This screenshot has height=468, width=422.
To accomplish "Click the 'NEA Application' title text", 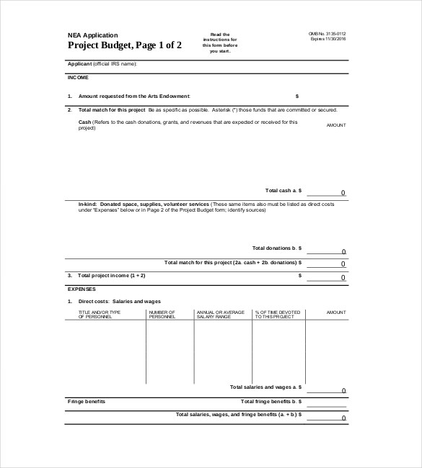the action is [92, 35].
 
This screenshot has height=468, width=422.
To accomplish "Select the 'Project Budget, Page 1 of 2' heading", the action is [124, 45].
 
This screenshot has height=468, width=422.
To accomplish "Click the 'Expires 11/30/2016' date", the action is [328, 39].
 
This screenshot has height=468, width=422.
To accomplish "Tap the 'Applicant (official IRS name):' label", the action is [102, 63].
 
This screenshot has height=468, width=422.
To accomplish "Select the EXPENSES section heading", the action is [81, 288].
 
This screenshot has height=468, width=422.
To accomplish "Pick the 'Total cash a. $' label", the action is [283, 190].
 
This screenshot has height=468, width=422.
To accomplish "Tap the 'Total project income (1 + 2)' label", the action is [111, 275].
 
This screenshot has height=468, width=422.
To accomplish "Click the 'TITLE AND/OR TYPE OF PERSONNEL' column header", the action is [100, 314].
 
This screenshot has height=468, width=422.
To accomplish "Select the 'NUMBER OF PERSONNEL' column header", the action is [162, 314].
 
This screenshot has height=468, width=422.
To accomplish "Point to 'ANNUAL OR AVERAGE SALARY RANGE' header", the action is [216, 314].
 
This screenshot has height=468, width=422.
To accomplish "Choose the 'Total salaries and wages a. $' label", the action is [265, 387].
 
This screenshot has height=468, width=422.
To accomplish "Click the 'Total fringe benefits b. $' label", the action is [271, 401].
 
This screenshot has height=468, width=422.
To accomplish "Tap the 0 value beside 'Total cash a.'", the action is [343, 193].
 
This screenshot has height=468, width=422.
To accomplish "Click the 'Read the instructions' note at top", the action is [220, 42].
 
